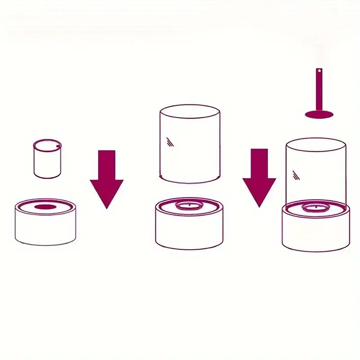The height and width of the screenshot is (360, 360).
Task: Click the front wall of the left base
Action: click(x=45, y=229)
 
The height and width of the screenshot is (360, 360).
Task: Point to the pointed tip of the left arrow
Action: click(x=107, y=207)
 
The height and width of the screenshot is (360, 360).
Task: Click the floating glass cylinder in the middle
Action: click(x=190, y=144)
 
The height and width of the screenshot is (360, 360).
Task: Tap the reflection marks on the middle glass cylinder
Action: click(x=170, y=142)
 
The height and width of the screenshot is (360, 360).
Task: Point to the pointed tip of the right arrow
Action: click(x=259, y=207)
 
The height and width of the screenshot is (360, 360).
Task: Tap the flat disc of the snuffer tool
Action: click(x=319, y=114)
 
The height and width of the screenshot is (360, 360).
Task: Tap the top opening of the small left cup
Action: click(x=47, y=145)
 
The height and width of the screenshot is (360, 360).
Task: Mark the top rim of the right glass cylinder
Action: click(x=316, y=139)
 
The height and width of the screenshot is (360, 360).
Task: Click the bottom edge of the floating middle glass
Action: click(x=190, y=182)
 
